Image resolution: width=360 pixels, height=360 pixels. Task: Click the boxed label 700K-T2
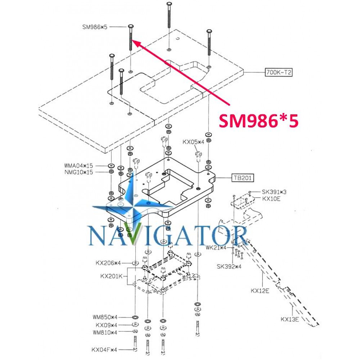[279, 73]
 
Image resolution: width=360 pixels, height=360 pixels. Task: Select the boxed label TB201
[243, 178]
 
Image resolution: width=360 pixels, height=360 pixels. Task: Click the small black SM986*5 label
[95, 27]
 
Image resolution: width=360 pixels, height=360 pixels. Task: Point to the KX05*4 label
[193, 142]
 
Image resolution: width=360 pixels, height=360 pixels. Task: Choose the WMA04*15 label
[78, 166]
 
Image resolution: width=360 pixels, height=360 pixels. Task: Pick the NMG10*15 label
[79, 172]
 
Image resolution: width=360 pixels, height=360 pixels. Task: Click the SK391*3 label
[274, 192]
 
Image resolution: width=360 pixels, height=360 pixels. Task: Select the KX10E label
[271, 198]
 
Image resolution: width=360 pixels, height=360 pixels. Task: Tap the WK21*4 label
[216, 248]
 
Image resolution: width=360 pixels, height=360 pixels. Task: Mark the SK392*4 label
[229, 266]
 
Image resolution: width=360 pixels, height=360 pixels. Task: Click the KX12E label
[260, 291]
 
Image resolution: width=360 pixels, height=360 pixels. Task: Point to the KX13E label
[290, 319]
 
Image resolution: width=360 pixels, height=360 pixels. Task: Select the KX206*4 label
[108, 263]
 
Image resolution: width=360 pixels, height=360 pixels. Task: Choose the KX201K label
[112, 276]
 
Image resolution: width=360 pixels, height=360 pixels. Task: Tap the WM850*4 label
[105, 317]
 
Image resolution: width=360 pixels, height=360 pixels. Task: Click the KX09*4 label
[106, 325]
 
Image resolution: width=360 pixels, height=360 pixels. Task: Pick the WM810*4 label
[105, 332]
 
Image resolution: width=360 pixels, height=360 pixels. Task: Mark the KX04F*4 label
[104, 350]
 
